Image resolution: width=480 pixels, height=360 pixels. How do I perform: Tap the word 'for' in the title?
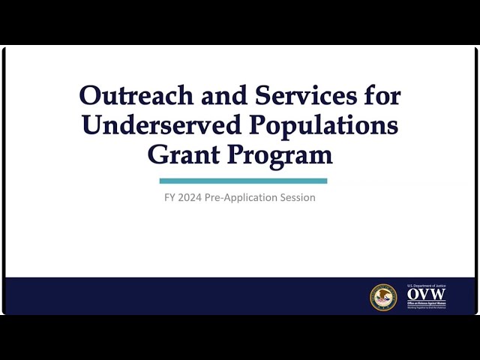pyautogui.click(x=379, y=96)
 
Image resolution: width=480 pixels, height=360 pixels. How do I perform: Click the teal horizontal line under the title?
pyautogui.click(x=243, y=181)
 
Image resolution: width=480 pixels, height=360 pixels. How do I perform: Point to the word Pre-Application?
pyautogui.click(x=247, y=198)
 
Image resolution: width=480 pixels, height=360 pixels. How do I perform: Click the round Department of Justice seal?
pyautogui.click(x=382, y=297)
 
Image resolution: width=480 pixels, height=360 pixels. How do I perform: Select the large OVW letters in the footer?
pyautogui.click(x=426, y=295)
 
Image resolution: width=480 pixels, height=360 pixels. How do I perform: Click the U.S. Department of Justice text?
pyautogui.click(x=426, y=286)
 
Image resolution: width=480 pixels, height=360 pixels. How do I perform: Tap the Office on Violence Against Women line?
pyautogui.click(x=426, y=302)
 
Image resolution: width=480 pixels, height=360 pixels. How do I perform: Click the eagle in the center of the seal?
pyautogui.click(x=382, y=297)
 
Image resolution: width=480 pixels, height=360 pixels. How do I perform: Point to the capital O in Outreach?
pyautogui.click(x=90, y=96)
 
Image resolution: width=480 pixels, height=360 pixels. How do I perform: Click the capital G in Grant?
pyautogui.click(x=159, y=154)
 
